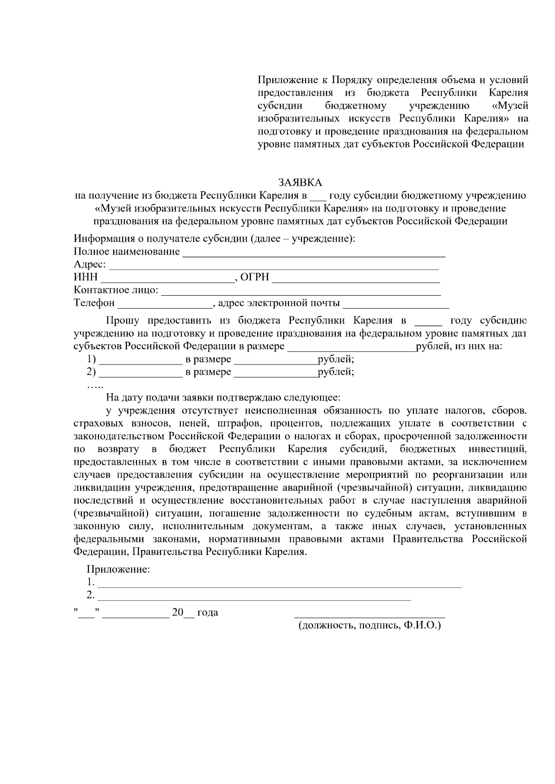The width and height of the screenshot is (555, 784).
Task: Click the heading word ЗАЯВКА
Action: [x=300, y=182]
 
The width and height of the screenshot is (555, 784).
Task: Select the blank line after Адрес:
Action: [x=273, y=266]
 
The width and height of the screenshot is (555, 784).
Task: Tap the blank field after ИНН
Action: [x=167, y=279]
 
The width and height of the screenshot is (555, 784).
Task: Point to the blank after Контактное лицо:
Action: [x=301, y=292]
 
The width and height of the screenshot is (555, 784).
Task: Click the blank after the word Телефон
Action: [x=165, y=304]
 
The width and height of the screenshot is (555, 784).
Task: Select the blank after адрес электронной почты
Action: [x=396, y=304]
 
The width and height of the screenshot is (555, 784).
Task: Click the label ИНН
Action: [x=86, y=277]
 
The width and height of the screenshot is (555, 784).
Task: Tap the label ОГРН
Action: [x=255, y=277]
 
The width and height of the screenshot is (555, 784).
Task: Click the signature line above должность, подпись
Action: [x=370, y=616]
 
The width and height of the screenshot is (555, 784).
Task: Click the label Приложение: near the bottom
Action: [x=118, y=569]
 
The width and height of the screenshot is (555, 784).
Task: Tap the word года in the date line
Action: [x=208, y=613]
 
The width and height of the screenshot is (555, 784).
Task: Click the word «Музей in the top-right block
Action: [x=511, y=106]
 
